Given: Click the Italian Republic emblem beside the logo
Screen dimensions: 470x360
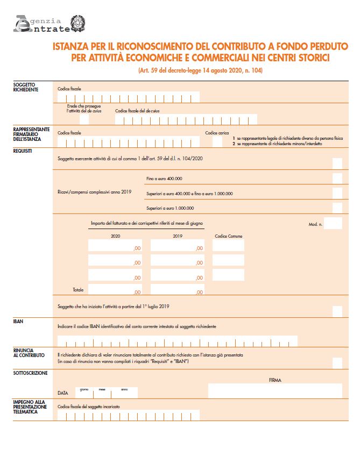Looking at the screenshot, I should coord(79,23).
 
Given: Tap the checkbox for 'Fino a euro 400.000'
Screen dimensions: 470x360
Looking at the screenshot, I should coord(337,179).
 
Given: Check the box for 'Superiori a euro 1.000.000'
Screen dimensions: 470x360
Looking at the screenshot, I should coord(337,208).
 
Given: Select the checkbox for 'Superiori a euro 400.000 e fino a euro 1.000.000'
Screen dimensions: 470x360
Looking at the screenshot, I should coord(337,193).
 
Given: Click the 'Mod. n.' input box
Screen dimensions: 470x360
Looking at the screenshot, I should coord(333,223).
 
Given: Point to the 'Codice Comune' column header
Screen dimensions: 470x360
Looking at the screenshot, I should coord(228,236).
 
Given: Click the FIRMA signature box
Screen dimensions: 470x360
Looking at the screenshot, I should coord(274,391).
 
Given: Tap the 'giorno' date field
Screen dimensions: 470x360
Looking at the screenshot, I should coord(84,393).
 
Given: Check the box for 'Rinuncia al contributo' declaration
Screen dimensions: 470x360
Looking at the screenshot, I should coord(337,362).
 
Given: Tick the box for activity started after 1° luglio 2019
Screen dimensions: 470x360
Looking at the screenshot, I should coord(337,311).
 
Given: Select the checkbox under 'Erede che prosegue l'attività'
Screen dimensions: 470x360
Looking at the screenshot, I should coord(84,119).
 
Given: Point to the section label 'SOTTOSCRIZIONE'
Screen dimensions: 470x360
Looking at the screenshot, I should coord(30,373).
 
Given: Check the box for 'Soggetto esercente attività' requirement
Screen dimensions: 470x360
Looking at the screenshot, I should coord(337,163).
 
